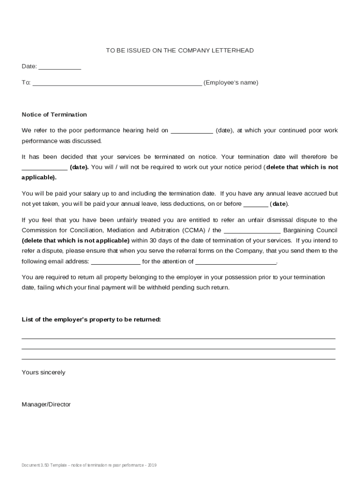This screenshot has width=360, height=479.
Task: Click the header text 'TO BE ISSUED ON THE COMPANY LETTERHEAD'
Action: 180,51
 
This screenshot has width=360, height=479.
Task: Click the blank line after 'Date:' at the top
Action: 59,68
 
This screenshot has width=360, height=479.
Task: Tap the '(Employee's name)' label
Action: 230,83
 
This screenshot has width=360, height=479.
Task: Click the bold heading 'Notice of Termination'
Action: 54,115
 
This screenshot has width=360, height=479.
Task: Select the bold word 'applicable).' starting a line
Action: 39,177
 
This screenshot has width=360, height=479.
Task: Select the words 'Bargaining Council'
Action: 310,230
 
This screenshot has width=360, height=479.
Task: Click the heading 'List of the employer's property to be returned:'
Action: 91,319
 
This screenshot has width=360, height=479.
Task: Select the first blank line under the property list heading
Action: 179,338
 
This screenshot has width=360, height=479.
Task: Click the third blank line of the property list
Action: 179,359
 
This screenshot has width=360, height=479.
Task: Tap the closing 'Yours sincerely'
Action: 43,372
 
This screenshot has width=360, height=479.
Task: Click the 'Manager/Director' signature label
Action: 46,404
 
